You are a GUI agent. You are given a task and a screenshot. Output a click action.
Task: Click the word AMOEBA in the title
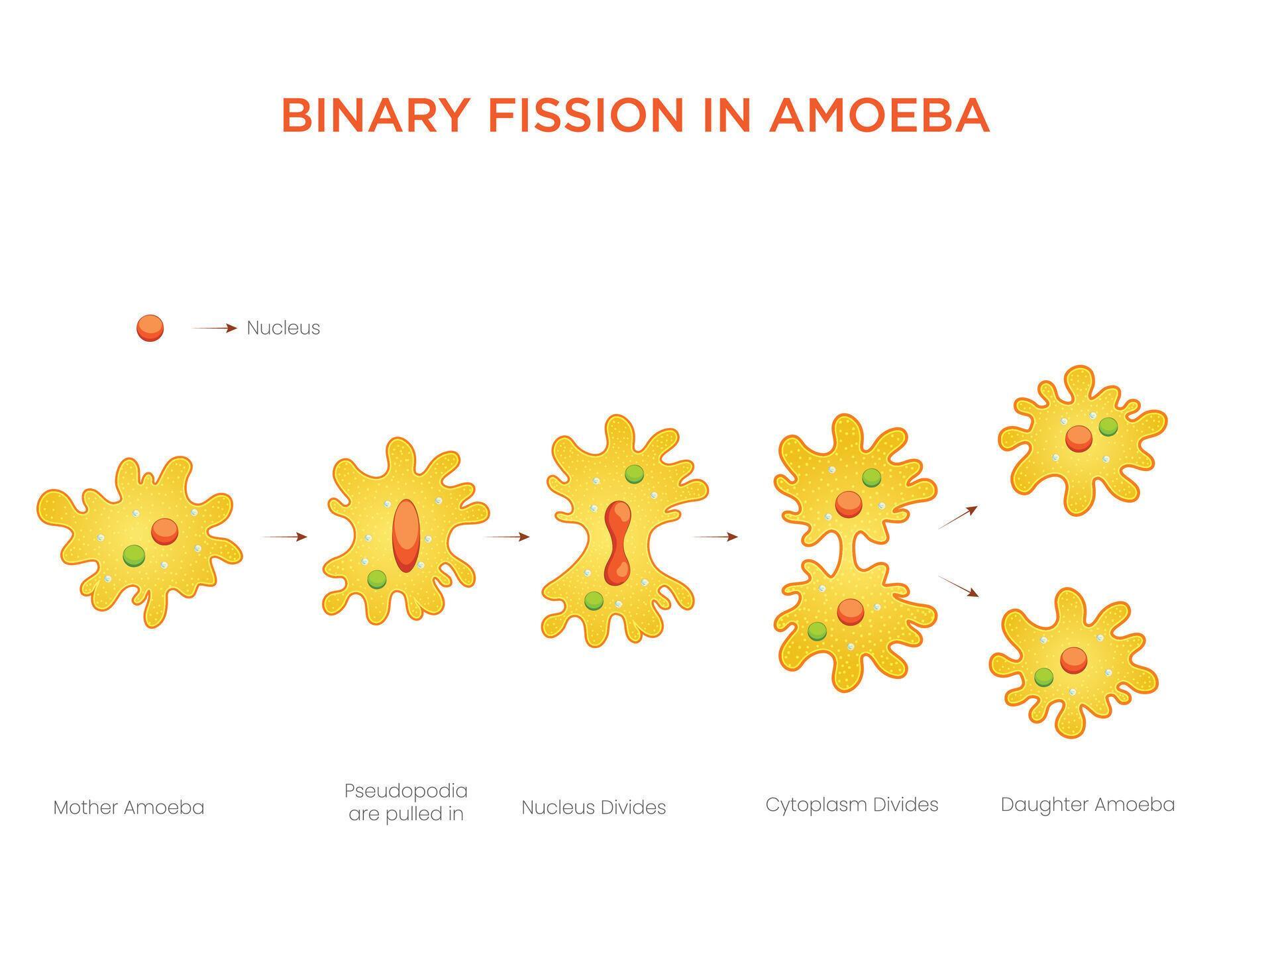879,115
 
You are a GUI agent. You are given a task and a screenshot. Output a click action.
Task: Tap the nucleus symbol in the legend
150,328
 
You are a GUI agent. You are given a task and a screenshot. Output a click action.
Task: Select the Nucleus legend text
283,328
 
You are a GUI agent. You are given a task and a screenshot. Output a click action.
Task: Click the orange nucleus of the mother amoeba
164,531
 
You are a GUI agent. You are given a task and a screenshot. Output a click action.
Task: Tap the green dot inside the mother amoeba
134,555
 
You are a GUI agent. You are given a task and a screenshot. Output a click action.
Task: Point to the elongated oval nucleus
405,535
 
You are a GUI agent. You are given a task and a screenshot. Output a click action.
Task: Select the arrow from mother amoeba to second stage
285,537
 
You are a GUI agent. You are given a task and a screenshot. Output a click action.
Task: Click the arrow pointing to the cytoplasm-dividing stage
715,537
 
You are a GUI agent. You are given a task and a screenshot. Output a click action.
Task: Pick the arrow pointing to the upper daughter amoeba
958,517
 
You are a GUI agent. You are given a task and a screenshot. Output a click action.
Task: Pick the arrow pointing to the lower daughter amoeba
959,586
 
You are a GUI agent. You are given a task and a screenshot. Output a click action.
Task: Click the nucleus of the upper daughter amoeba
1079,439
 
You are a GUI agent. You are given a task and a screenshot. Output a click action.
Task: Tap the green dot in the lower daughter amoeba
1043,677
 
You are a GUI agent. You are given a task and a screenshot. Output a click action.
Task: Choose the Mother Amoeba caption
129,808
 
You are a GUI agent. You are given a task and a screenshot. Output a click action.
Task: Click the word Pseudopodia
405,791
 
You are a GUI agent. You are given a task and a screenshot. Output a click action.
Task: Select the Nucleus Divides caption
594,808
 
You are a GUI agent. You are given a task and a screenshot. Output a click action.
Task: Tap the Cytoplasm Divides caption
852,805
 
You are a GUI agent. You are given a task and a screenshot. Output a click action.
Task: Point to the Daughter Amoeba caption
1087,805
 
